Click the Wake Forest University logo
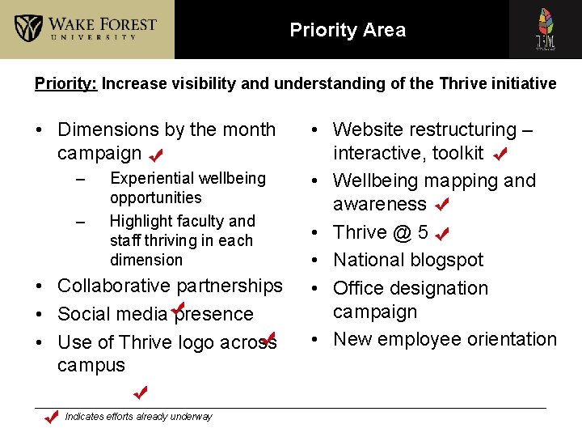[86, 29]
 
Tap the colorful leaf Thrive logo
[546, 29]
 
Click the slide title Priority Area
[348, 31]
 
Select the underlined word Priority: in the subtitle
[66, 83]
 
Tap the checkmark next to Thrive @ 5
[442, 234]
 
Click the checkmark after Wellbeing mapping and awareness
[441, 205]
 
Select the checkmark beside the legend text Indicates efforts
[50, 417]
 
